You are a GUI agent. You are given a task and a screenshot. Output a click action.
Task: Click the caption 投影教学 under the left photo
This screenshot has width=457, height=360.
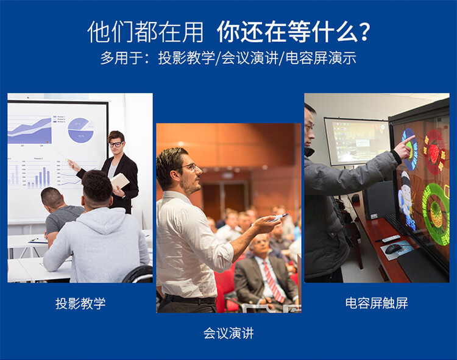(x=80, y=303)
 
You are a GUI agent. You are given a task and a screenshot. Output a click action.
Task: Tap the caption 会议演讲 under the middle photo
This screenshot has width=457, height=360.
(x=228, y=333)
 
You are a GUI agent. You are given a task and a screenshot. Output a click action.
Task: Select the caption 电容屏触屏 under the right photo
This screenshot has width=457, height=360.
(x=377, y=303)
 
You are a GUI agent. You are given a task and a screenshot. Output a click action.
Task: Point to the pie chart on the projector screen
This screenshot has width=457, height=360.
(x=80, y=130)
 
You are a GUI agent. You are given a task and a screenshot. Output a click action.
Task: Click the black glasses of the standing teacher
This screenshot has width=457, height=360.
(x=116, y=144)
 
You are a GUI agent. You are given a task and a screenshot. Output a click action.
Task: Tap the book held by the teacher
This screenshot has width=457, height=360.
(x=120, y=181)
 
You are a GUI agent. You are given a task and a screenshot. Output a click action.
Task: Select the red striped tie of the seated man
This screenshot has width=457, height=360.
(x=274, y=281)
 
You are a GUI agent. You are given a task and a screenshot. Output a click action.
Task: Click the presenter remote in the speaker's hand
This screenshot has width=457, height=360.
(x=279, y=217)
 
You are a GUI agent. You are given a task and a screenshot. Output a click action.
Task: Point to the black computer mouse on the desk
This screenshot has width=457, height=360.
(x=392, y=249)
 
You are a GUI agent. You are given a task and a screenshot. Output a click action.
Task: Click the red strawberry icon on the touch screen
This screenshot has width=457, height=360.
(x=434, y=153)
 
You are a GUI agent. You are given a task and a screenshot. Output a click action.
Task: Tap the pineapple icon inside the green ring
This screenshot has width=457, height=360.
(x=436, y=214)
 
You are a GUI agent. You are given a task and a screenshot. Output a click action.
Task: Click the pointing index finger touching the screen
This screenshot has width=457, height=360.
(x=408, y=139)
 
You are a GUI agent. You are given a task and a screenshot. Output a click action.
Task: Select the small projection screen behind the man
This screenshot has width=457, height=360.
(x=357, y=141)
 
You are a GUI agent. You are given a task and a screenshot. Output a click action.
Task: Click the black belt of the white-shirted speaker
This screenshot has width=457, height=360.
(x=190, y=299)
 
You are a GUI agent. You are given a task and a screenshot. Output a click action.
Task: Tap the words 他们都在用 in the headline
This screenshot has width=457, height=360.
(x=145, y=32)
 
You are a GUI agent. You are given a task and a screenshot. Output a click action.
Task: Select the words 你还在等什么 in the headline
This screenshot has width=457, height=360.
(x=288, y=32)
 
